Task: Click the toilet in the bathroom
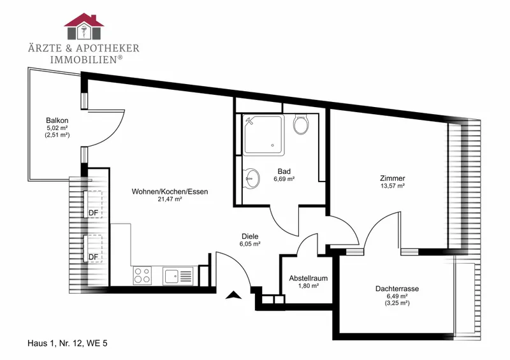(300, 124)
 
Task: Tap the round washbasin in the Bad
(251, 178)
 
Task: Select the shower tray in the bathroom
(263, 134)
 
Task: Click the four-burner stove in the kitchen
(142, 275)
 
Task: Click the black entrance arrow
(233, 294)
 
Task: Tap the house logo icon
(84, 26)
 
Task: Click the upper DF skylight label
(93, 213)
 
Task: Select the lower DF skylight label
(93, 257)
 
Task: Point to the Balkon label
(57, 120)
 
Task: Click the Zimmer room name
(393, 178)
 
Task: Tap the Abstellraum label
(309, 278)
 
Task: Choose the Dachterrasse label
(397, 289)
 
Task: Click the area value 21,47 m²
(170, 199)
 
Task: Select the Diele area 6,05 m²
(250, 243)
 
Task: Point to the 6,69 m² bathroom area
(284, 178)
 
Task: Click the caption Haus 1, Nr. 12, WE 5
(68, 343)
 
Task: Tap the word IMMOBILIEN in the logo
(84, 59)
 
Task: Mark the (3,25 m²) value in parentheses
(397, 303)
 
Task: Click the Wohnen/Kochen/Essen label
(170, 192)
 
